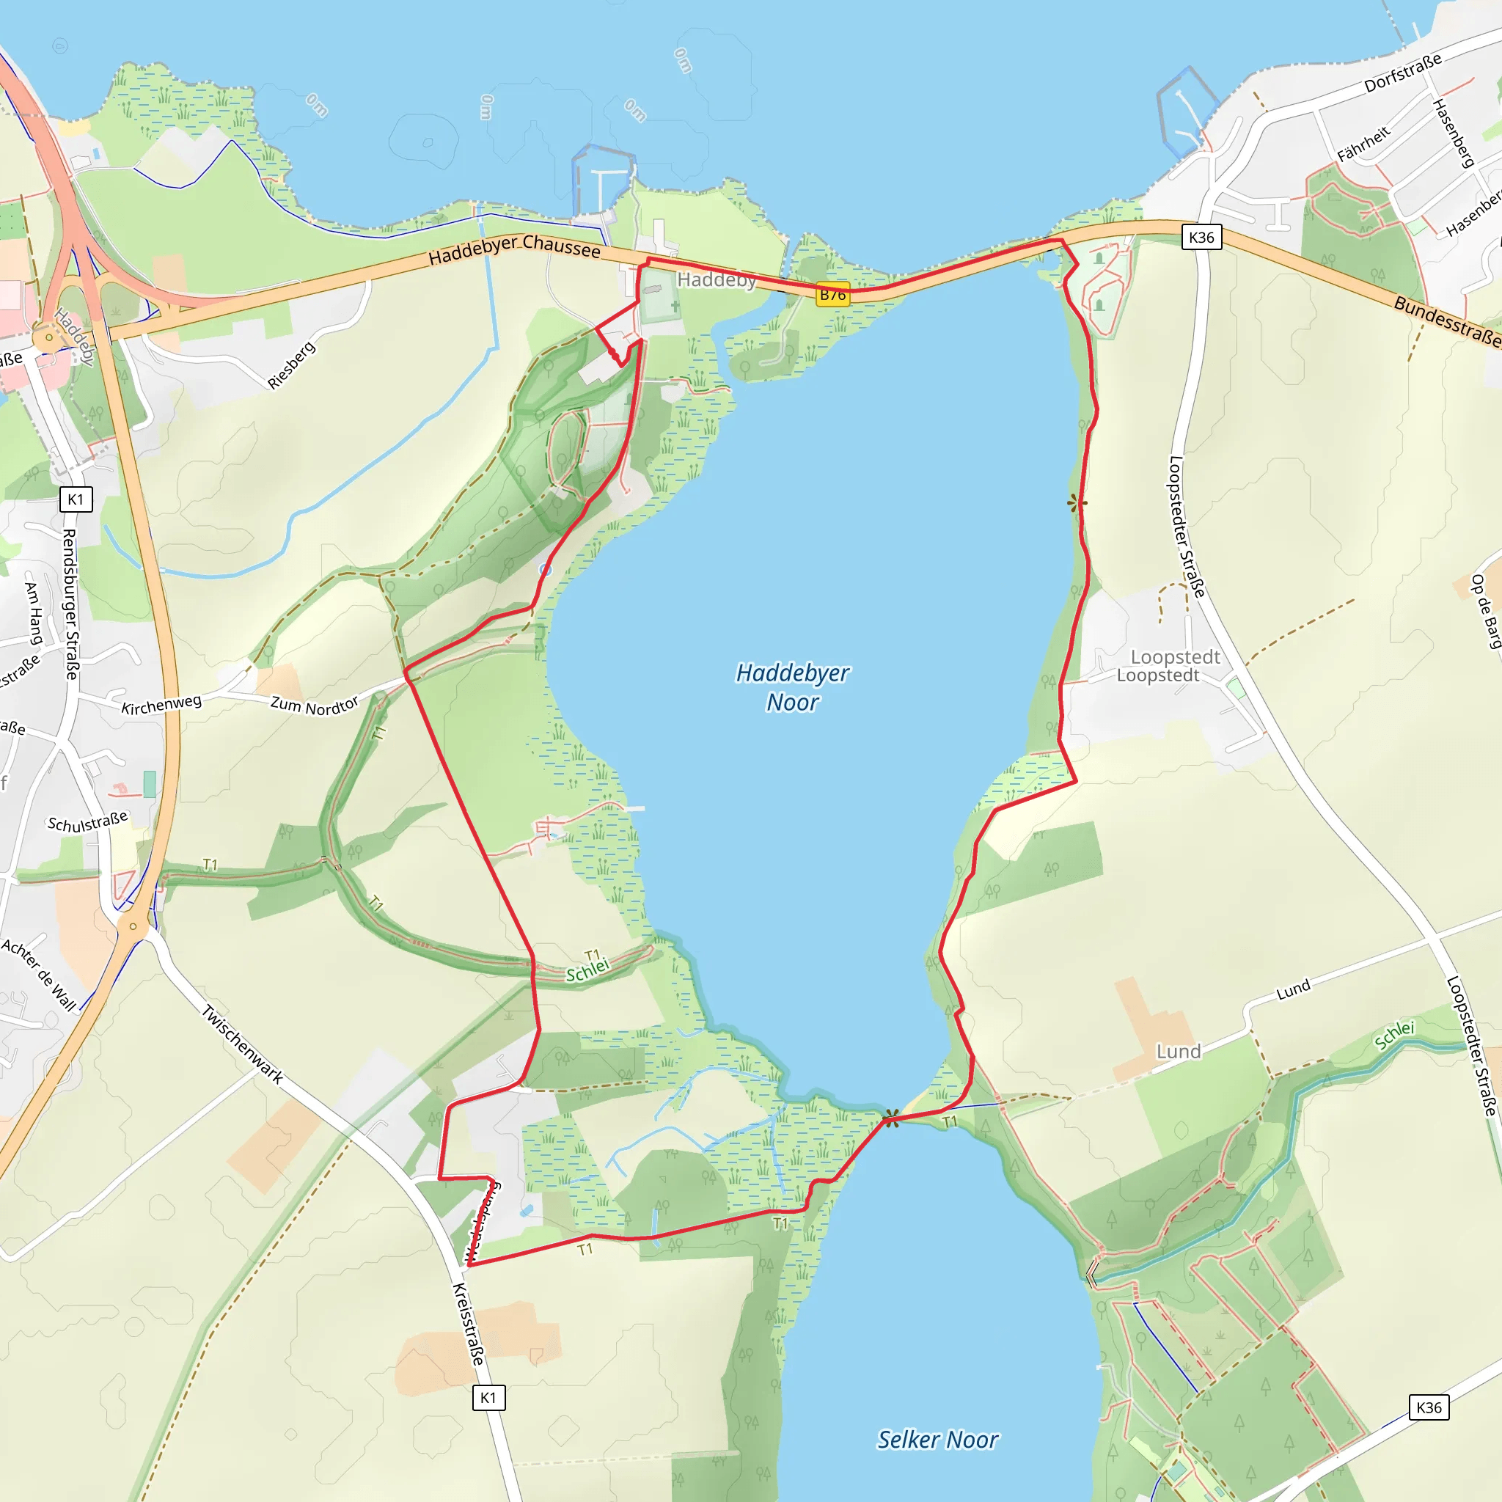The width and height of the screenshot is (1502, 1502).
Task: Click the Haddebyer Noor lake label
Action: coord(792,687)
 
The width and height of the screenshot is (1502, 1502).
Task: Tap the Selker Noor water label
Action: coord(937,1440)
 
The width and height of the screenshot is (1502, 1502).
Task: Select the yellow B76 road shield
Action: coord(832,296)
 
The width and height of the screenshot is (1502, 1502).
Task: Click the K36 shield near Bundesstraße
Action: coord(1201,237)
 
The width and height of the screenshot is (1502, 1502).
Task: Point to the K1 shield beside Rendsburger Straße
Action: coord(76,499)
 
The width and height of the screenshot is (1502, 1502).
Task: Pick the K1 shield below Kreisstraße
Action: coord(488,1398)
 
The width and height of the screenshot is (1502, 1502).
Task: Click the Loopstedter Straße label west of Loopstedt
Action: coord(1187,527)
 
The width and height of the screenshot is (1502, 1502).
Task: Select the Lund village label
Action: coord(1179,1052)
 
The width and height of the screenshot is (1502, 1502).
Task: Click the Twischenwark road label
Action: coord(243,1044)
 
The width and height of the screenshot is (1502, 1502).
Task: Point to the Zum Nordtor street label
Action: coord(314,705)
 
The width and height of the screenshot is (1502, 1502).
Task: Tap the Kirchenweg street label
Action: coord(161,704)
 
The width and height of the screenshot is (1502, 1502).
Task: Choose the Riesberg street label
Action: coord(292,364)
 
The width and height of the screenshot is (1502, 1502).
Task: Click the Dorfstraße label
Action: coord(1403,73)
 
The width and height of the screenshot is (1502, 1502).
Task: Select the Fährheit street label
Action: coord(1363,144)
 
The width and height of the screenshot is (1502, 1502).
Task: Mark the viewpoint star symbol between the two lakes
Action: coord(892,1118)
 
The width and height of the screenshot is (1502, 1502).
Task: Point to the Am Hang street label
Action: coord(34,613)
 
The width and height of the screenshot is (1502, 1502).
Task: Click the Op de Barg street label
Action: coord(1484,612)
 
